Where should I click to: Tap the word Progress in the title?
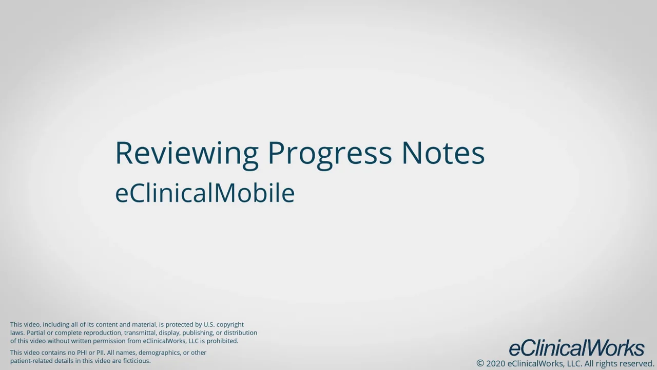pos(330,153)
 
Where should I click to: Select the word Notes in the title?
pos(442,153)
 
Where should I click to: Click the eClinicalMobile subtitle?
pos(204,193)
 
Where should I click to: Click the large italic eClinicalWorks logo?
pos(576,348)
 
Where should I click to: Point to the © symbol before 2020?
pos(480,363)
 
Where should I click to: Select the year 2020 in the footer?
pos(495,363)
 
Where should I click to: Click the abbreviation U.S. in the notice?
pos(209,325)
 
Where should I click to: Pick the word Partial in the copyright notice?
pos(36,333)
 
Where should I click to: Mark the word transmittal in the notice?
pos(140,333)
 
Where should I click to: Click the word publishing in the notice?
pos(198,333)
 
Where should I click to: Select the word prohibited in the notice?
pos(222,341)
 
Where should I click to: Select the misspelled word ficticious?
pos(137,361)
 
